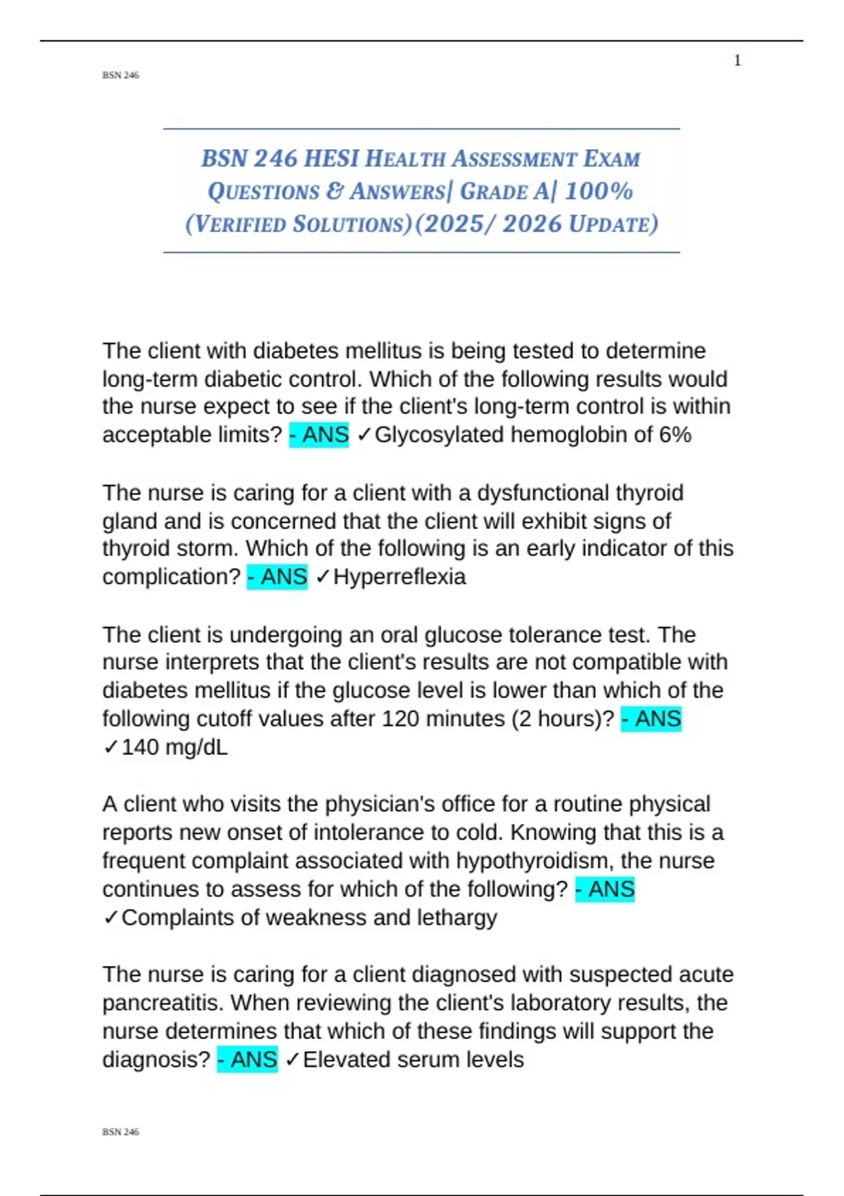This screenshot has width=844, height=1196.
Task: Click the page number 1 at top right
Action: pyautogui.click(x=737, y=61)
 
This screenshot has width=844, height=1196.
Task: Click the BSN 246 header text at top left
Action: pyautogui.click(x=120, y=75)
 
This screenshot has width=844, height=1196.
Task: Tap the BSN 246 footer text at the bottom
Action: pyautogui.click(x=120, y=1132)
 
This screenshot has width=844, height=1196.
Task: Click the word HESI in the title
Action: pyautogui.click(x=331, y=159)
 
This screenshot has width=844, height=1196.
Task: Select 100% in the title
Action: pyautogui.click(x=599, y=191)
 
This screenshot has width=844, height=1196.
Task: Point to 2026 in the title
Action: pyautogui.click(x=532, y=224)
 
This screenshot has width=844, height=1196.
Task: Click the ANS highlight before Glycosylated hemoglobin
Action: pyautogui.click(x=319, y=435)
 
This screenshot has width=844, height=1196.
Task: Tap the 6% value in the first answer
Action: pyautogui.click(x=675, y=435)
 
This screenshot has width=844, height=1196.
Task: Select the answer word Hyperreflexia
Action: pyautogui.click(x=399, y=577)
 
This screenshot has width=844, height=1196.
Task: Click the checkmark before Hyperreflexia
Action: pyautogui.click(x=323, y=577)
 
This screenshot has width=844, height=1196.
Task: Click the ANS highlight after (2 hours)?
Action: pyautogui.click(x=651, y=719)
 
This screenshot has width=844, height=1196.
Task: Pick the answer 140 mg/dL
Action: pyautogui.click(x=174, y=747)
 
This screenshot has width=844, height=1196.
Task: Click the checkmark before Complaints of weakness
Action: pyautogui.click(x=111, y=917)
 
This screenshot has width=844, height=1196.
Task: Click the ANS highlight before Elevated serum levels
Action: pyautogui.click(x=248, y=1060)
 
